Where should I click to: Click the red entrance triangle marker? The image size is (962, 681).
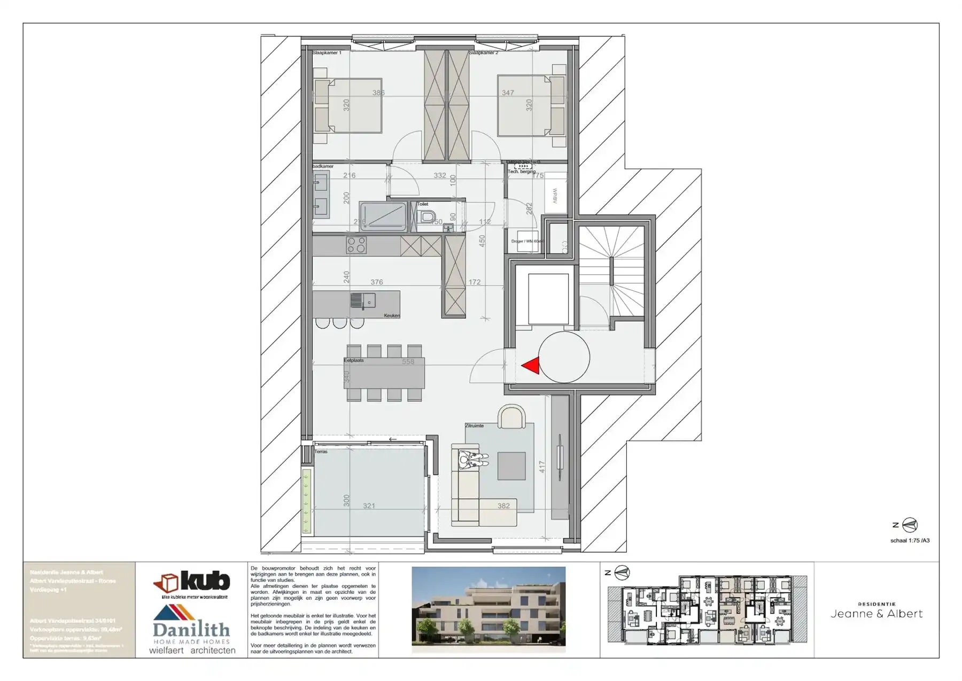pos(531,366)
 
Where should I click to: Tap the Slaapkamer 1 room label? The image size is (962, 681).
pos(327,53)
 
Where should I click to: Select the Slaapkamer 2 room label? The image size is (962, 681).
pos(484,53)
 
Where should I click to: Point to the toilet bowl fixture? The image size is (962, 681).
pos(427,217)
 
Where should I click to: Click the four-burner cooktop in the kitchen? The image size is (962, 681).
pos(356,245)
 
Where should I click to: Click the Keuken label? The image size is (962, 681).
pos(391,315)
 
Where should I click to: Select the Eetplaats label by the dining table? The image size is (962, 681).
pos(354,360)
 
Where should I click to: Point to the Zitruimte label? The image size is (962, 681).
pos(474,425)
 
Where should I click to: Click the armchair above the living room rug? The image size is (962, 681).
pos(511,417)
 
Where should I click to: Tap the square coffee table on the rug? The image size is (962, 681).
pos(511,466)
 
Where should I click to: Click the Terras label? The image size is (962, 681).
pos(321,452)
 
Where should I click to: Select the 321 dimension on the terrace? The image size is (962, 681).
pos(369,506)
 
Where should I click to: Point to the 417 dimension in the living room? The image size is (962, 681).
pos(542,467)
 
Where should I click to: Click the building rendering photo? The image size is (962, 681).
pos(488,609)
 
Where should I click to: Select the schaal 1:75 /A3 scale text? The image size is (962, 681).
pos(910,540)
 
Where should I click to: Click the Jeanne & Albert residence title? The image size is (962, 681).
pos(876,614)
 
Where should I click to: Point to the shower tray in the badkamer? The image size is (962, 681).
pos(383,216)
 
